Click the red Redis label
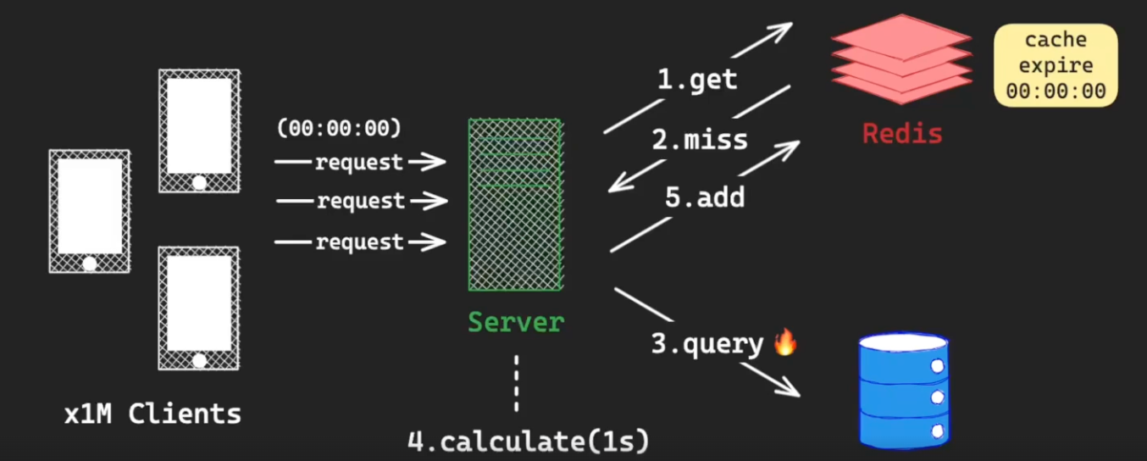[x=902, y=133]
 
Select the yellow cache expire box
[x=1056, y=66]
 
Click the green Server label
[x=516, y=322]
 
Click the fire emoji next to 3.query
[x=785, y=342]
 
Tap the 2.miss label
[x=700, y=139]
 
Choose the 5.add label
[x=704, y=197]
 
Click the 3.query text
[x=707, y=343]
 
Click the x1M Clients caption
[x=153, y=414]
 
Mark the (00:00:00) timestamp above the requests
[x=339, y=128]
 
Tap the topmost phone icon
[x=199, y=131]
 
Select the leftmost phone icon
[x=90, y=211]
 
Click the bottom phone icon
[x=199, y=308]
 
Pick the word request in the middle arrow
[x=361, y=201]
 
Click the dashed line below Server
[x=516, y=383]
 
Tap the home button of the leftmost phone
[x=90, y=264]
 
